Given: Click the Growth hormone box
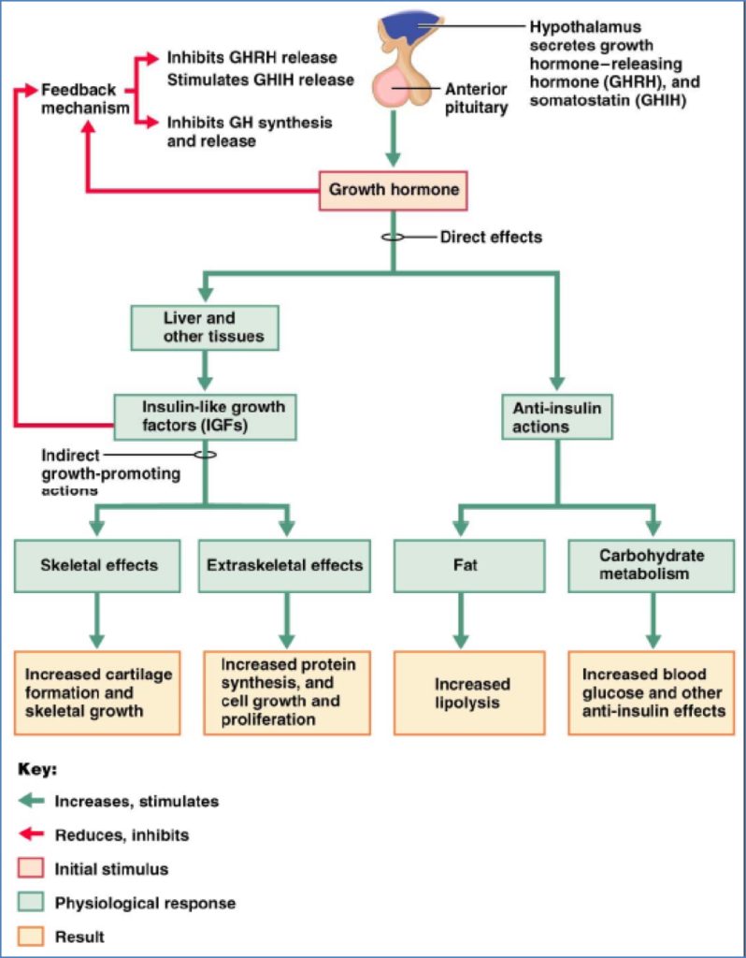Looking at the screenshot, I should coord(394,191).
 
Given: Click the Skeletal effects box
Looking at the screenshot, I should coord(98,565).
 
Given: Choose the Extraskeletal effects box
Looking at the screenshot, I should coord(285,565).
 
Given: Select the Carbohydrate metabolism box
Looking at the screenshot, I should coord(652,565).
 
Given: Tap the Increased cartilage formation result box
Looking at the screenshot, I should coord(98,693).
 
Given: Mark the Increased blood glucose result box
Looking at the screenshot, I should coord(652,693).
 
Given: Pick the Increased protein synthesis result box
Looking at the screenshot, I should coord(285,693).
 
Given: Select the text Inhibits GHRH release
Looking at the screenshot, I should coord(251,58).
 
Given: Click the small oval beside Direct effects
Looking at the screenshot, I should coord(393,237).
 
